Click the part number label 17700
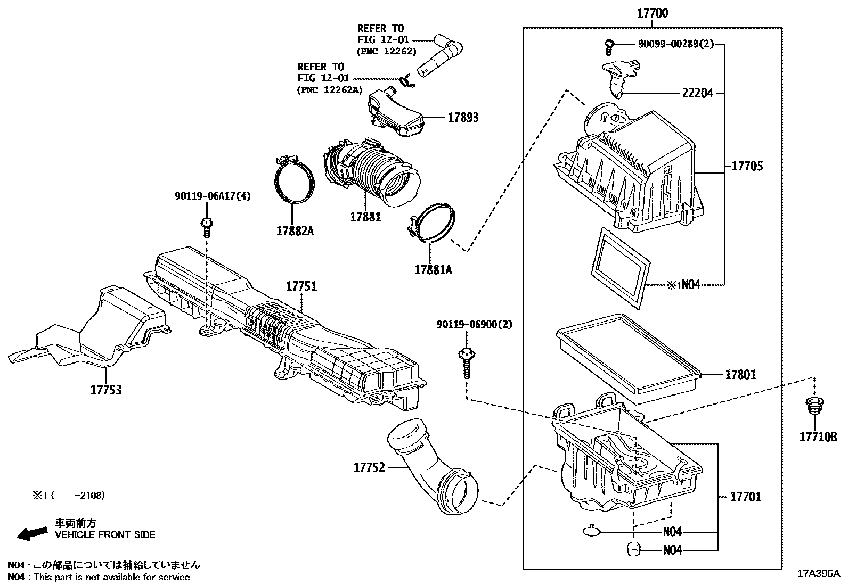point(653,13)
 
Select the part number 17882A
point(295,231)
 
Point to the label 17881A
point(433,270)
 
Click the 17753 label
point(105,390)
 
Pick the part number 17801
point(740,375)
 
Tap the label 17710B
point(818,437)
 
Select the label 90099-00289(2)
point(675,44)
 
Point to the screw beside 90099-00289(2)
point(610,47)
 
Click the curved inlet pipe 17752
point(431,463)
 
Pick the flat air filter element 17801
point(629,354)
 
